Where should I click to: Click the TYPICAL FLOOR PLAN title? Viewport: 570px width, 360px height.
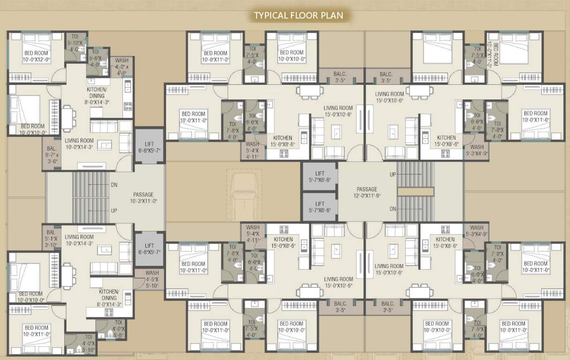tap(298, 15)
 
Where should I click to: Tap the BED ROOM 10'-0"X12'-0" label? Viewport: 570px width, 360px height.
tap(36, 57)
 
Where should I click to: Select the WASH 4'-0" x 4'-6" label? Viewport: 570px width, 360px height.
tap(122, 67)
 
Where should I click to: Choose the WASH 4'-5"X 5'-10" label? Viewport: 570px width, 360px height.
tap(152, 278)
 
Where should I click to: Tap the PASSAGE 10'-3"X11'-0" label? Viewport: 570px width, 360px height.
tap(143, 198)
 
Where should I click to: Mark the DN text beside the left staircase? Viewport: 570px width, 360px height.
tap(114, 185)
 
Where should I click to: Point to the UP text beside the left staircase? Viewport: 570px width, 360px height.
tap(114, 211)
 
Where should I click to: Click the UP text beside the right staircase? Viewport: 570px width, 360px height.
tap(393, 174)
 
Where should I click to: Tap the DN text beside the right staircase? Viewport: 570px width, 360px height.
tap(393, 209)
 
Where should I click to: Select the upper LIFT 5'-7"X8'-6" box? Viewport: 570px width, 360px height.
tap(319, 176)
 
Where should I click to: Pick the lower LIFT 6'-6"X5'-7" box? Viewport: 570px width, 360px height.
tap(149, 249)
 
